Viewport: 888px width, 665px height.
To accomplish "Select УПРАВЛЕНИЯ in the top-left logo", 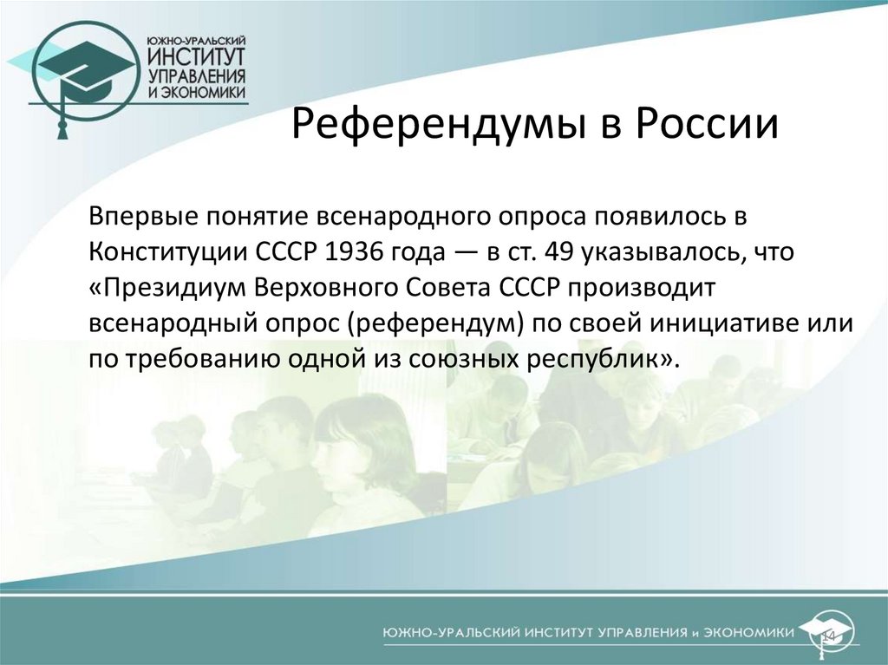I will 197,77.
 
